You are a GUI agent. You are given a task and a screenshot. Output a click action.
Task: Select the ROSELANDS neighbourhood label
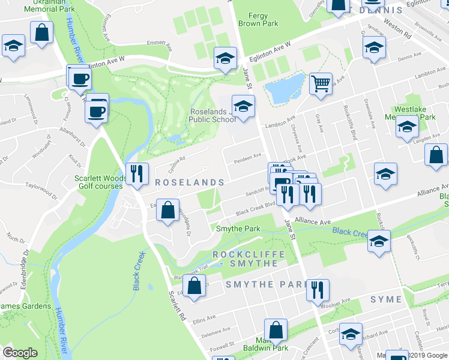pyautogui.click(x=190, y=182)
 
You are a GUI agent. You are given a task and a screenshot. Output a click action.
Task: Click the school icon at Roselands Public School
pyautogui.click(x=243, y=106)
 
